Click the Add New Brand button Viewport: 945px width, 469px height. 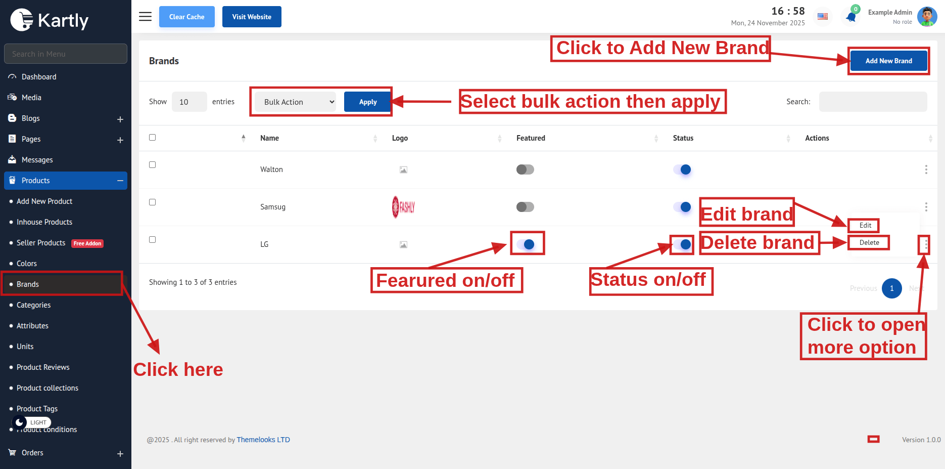[888, 61]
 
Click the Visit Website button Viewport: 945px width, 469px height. [252, 17]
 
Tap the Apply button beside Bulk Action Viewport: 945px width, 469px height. [368, 102]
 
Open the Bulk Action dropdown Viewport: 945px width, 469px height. [299, 102]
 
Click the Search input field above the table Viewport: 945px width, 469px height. [873, 102]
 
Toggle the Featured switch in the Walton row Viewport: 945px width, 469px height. [525, 169]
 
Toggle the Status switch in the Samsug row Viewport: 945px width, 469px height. [682, 207]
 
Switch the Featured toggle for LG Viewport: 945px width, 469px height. [526, 244]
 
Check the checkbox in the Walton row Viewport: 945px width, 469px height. [152, 165]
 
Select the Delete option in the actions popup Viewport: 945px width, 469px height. [869, 243]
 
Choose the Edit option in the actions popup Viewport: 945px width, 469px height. [865, 226]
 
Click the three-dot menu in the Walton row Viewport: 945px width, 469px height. [926, 169]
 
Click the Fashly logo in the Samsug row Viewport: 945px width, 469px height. [403, 207]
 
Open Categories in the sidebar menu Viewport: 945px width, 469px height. [33, 305]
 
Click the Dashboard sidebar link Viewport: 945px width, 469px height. [39, 77]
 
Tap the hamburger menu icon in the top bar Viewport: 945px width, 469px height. [146, 17]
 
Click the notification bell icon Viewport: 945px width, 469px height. [851, 17]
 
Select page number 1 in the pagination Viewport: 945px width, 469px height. [892, 288]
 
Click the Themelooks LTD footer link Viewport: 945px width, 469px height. [263, 440]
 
